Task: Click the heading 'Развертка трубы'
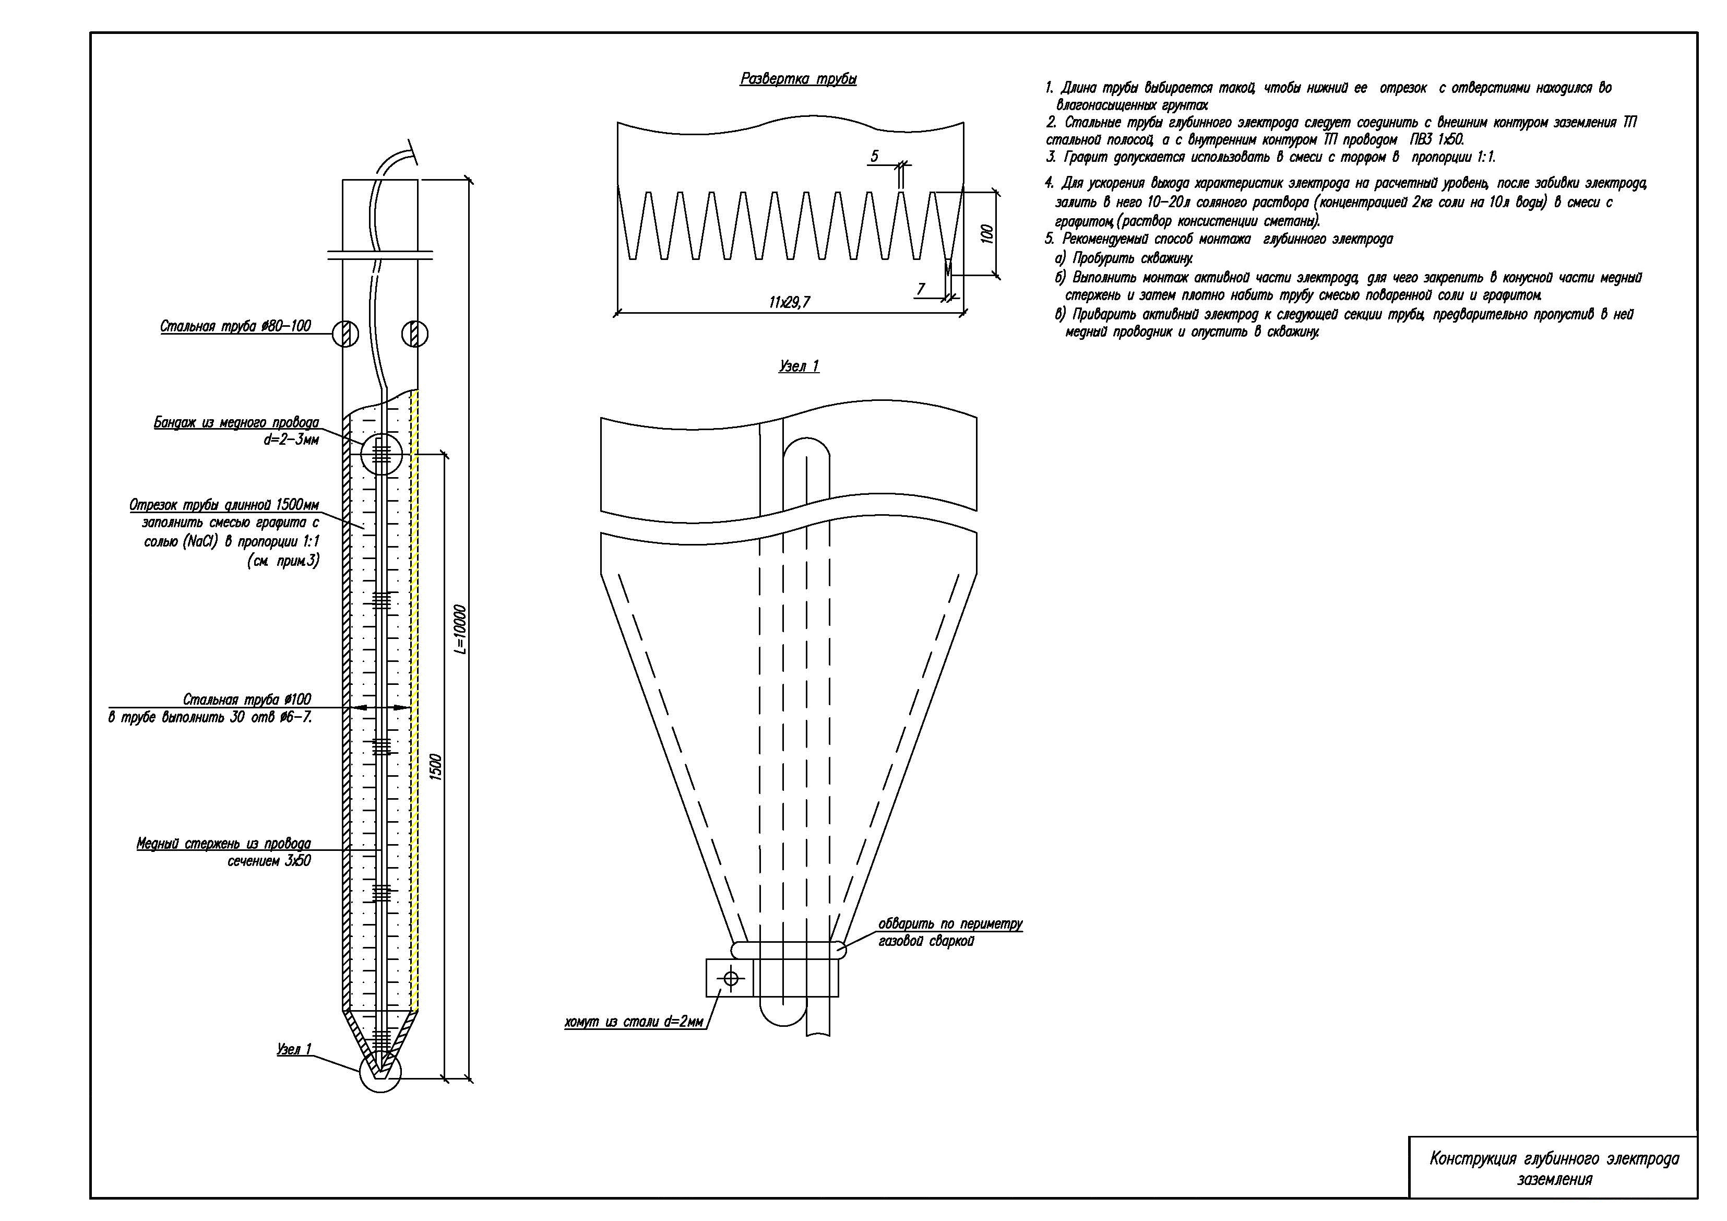coord(798,79)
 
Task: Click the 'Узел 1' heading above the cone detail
coord(799,366)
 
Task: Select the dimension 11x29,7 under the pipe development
coord(789,302)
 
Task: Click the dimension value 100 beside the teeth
coord(987,233)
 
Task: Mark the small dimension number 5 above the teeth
coord(874,157)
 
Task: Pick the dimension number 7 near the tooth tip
coord(921,289)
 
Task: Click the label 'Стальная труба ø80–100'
coord(235,326)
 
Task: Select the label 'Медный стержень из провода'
coord(223,844)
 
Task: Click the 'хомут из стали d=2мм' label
coord(634,1022)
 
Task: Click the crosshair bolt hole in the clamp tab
coord(730,979)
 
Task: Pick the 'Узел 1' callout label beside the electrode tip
coord(294,1049)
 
